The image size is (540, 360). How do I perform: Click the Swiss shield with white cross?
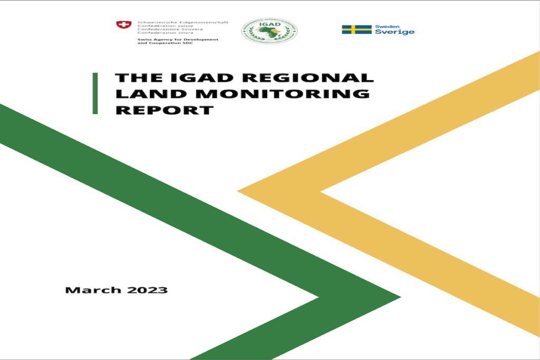click(124, 25)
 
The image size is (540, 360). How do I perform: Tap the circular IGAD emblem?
click(269, 31)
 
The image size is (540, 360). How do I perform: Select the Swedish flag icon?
click(356, 30)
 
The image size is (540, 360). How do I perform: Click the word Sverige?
click(394, 32)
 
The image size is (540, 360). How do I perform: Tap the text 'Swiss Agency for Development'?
click(177, 40)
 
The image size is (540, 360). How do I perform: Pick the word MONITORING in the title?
click(275, 94)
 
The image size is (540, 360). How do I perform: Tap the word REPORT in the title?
click(164, 111)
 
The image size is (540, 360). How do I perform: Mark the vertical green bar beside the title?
click(95, 93)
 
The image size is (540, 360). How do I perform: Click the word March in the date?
click(90, 290)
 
